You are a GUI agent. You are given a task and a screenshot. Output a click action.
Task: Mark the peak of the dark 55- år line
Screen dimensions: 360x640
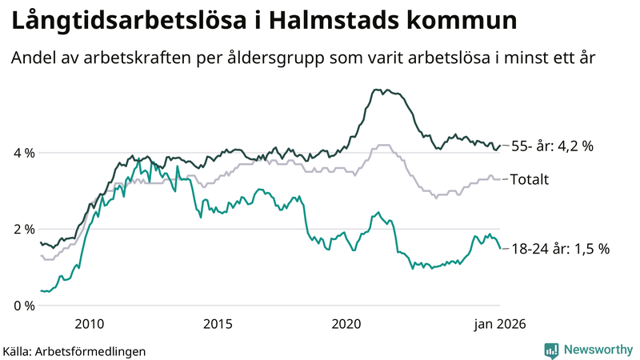[x=375, y=90]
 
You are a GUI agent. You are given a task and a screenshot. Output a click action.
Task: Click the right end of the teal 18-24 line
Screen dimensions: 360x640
[x=501, y=248]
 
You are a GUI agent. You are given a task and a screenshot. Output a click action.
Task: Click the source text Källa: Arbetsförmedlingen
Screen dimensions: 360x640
[x=74, y=350]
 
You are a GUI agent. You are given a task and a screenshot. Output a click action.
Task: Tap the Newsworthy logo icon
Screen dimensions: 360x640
[x=551, y=350]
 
